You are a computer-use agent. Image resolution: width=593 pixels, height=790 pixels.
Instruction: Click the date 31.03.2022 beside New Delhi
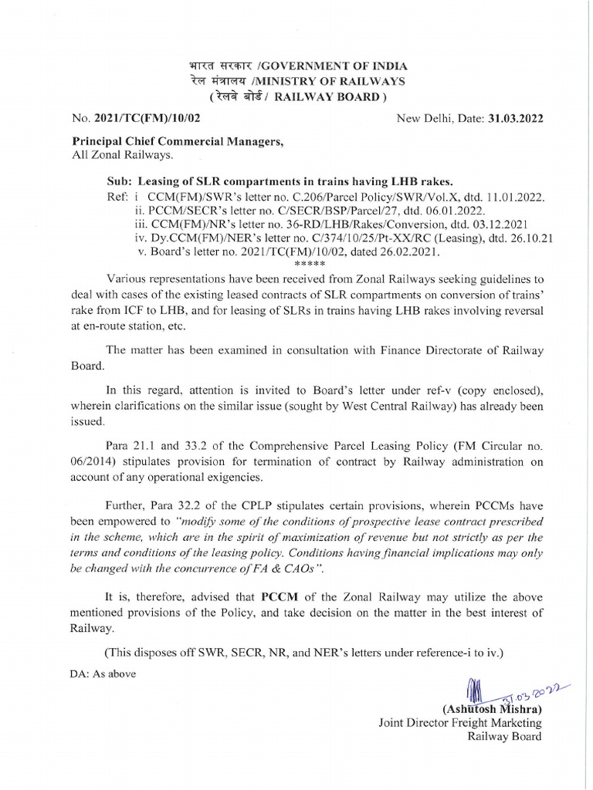514,118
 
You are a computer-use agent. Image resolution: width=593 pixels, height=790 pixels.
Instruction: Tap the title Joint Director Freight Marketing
460,723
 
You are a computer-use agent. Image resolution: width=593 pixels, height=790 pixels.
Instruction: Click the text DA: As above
103,674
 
